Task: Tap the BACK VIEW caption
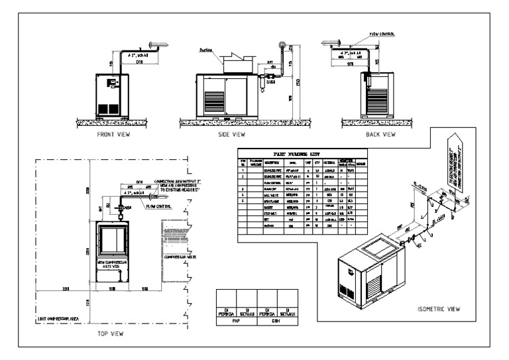[380, 135]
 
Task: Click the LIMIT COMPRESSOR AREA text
[65, 319]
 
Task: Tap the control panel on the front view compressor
[112, 82]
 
